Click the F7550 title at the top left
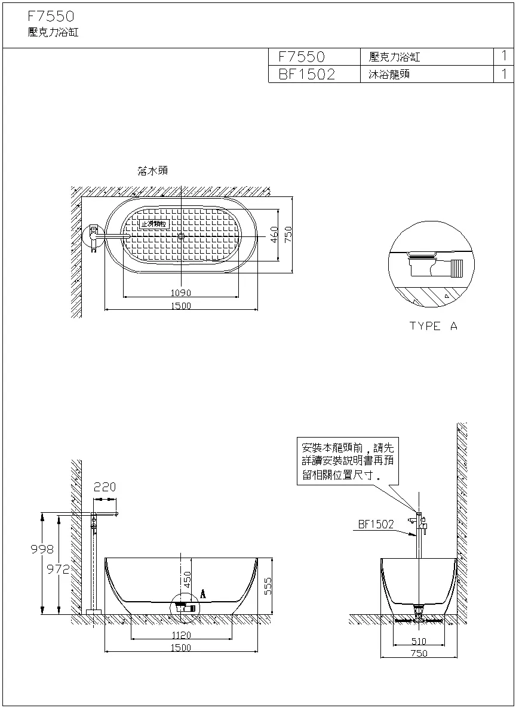click(51, 17)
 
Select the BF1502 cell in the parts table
click(307, 74)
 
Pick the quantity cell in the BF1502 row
click(504, 74)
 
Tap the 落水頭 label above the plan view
click(152, 171)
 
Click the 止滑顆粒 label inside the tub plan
click(153, 224)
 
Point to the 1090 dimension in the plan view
click(180, 293)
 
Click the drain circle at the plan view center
click(181, 236)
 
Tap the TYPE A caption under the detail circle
click(434, 326)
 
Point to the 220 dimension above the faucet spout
click(105, 487)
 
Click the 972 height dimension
click(59, 569)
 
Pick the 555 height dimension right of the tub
click(268, 586)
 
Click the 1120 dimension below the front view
click(180, 635)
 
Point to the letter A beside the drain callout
click(203, 594)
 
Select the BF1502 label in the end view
click(376, 524)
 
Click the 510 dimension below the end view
click(419, 641)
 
